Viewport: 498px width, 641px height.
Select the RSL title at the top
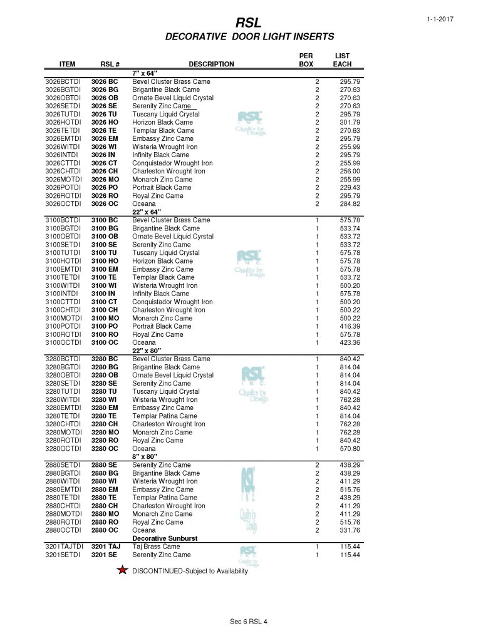point(248,23)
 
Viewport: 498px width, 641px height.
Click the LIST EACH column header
point(342,60)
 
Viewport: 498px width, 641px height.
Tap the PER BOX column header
point(306,60)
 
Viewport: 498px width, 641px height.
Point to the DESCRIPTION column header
point(211,64)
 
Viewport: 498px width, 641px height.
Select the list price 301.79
point(350,123)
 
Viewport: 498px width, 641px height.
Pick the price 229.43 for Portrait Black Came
point(350,188)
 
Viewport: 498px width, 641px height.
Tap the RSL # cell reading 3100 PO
point(104,326)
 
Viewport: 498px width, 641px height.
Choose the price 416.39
point(350,326)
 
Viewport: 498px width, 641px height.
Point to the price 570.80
point(350,448)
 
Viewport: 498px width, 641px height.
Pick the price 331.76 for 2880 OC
point(350,530)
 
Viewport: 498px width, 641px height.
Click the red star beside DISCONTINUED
point(123,570)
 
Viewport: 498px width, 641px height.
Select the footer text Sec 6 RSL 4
point(249,621)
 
